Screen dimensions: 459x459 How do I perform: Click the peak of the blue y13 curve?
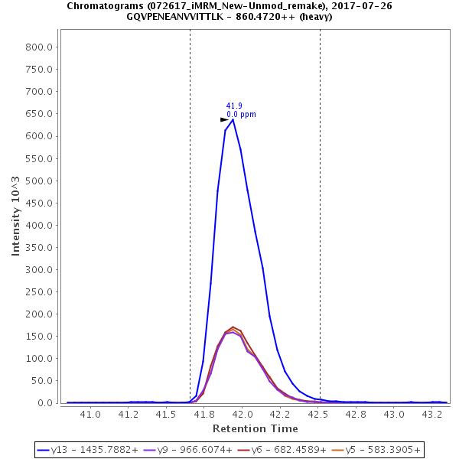click(233, 119)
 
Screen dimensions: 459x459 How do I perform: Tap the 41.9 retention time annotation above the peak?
click(234, 106)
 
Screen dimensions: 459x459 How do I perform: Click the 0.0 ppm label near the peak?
click(241, 114)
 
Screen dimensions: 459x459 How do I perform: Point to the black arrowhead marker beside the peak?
click(224, 119)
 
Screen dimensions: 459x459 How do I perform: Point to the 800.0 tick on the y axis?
click(38, 47)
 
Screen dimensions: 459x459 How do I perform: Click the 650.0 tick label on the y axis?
click(38, 113)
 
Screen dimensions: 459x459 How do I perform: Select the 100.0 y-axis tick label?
click(38, 359)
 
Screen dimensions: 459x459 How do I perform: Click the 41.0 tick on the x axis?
click(91, 414)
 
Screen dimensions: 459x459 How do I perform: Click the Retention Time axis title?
click(255, 428)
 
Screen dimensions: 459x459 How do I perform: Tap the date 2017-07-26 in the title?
click(366, 6)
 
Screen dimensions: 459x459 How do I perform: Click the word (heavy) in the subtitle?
click(315, 17)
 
